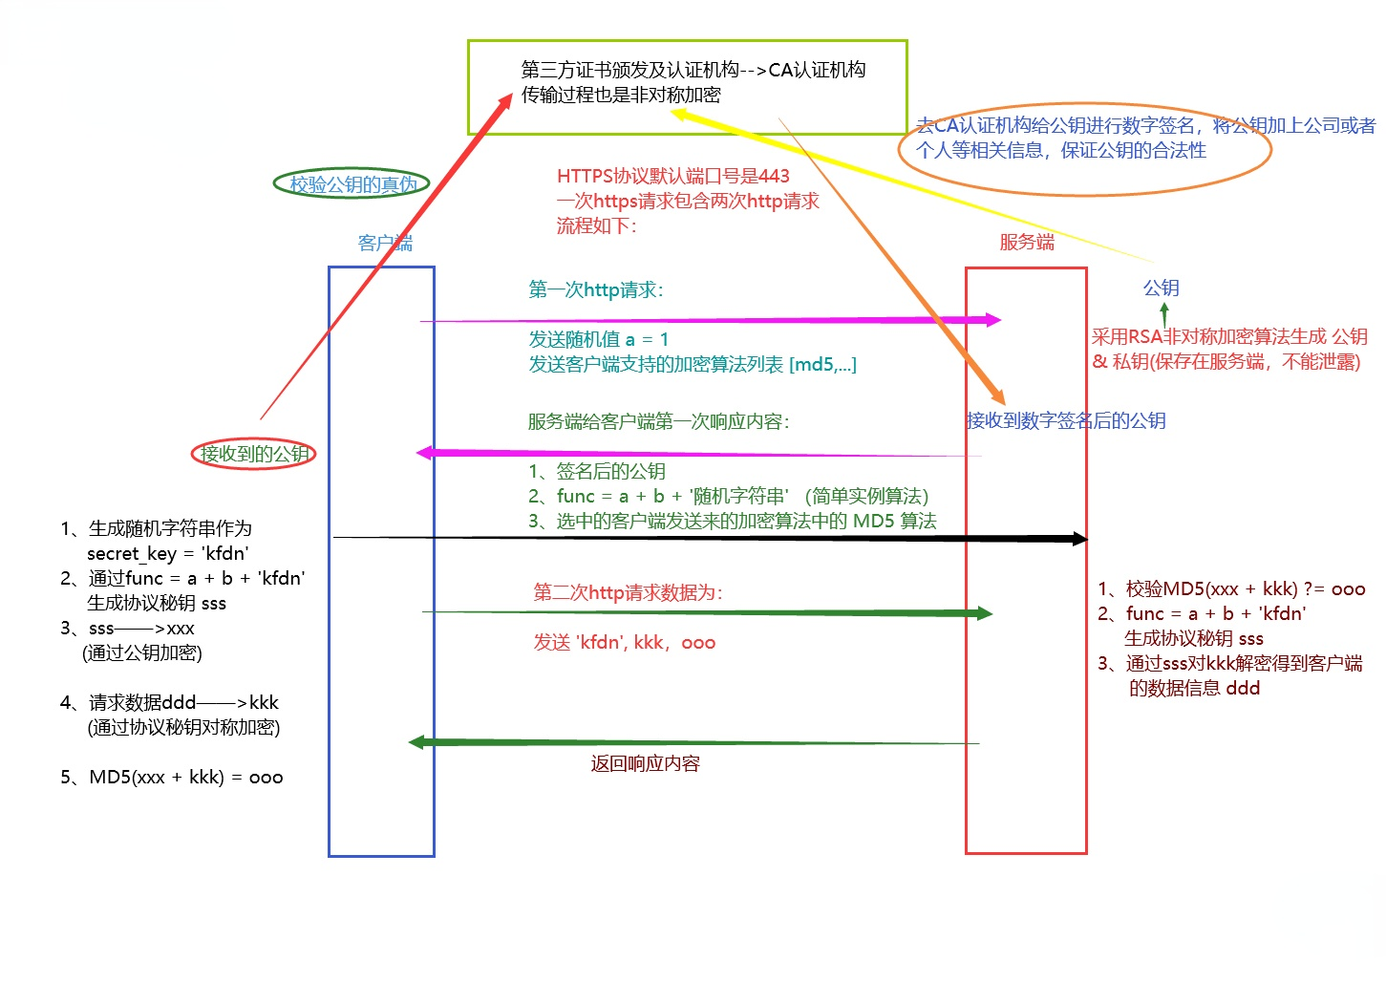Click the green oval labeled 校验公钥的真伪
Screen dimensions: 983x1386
pos(352,183)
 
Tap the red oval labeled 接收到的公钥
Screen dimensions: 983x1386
pos(254,454)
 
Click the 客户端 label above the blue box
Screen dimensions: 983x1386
pos(385,243)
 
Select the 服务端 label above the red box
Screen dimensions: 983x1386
pos(1027,242)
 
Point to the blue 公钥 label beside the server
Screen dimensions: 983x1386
pos(1162,288)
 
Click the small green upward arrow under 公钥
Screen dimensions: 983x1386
pos(1163,313)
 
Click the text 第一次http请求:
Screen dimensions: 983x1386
pos(596,289)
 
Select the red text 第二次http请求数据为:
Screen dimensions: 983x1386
pos(628,592)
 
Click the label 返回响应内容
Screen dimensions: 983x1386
pos(645,763)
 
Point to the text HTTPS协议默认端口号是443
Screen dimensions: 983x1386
pos(672,176)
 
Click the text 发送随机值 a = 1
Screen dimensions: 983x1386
pos(599,339)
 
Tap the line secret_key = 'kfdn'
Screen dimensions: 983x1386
pos(167,553)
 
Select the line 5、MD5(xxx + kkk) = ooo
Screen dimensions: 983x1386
pos(172,777)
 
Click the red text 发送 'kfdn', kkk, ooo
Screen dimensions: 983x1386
pos(625,642)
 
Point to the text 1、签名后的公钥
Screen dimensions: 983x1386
pos(597,471)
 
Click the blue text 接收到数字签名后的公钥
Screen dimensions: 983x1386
pos(1066,420)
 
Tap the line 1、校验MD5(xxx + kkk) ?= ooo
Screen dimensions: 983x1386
pos(1231,588)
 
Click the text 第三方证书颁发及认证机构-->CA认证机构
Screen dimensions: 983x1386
pos(693,70)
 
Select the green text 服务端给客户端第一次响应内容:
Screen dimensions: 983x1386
pos(658,421)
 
